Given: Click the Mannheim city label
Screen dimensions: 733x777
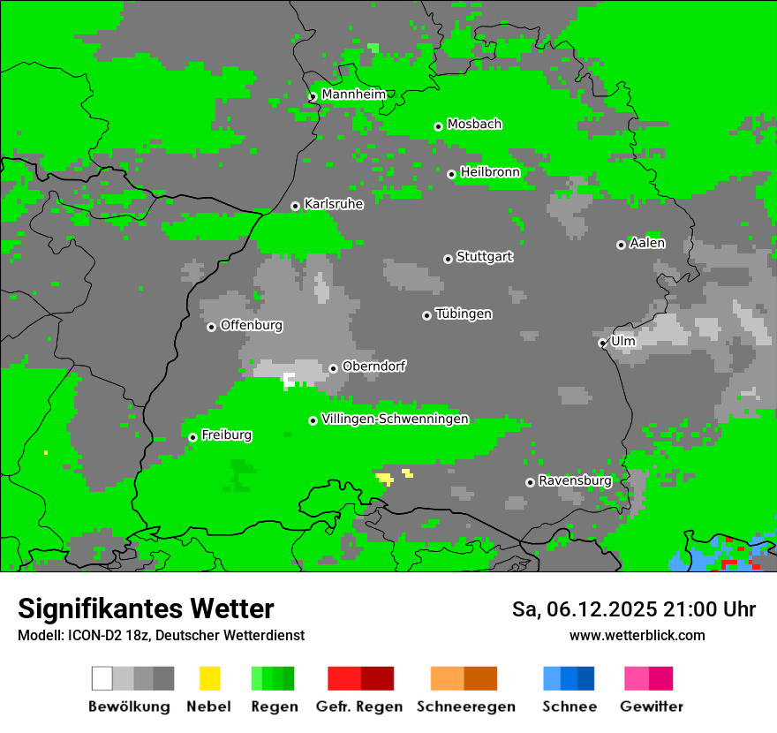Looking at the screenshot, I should tap(353, 94).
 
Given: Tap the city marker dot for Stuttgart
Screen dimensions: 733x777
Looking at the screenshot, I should tap(448, 259).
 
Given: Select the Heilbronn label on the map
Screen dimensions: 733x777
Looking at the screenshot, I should tap(490, 172).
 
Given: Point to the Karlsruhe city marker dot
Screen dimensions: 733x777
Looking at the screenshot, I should tap(296, 206).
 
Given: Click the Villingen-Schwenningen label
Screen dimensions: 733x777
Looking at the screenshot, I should tap(395, 419).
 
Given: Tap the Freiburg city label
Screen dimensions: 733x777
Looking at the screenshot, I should tap(226, 435).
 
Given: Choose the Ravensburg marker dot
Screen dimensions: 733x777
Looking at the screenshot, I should tap(530, 482).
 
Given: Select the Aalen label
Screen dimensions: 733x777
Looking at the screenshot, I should tap(647, 243).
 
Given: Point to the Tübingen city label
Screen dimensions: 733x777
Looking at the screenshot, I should tap(464, 314).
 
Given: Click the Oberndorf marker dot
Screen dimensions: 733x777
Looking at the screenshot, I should tap(333, 368).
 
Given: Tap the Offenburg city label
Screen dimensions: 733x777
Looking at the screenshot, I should tap(251, 325).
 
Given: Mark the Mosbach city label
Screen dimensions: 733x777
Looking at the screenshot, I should tap(474, 125).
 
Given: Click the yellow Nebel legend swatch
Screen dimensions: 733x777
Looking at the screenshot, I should tap(209, 678).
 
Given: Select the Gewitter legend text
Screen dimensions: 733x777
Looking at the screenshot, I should tap(651, 707).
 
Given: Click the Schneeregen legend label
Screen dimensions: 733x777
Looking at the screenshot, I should tap(465, 707).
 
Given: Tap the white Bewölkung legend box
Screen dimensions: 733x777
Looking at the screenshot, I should tap(102, 678).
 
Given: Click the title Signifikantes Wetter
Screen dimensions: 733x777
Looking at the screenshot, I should tap(146, 609).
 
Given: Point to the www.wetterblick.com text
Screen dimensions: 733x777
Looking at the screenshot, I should tap(637, 635).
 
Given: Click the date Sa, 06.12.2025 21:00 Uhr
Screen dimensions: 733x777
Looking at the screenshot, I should tap(633, 609).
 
